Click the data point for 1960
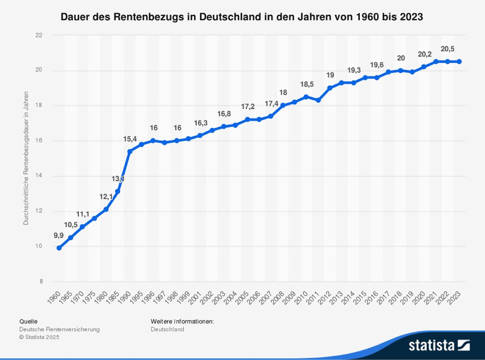[x=59, y=248]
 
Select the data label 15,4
[x=130, y=139]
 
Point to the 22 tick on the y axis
[x=39, y=35]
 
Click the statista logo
[x=439, y=345]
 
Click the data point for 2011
[x=318, y=100]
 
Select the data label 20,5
[x=447, y=49]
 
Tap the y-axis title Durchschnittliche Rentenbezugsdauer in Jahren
[x=26, y=158]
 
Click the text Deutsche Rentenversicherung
[x=59, y=329]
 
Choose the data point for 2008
[x=283, y=105]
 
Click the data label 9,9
[x=58, y=235]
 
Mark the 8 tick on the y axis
[x=41, y=282]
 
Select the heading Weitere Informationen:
[x=182, y=321]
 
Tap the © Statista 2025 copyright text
[x=39, y=337]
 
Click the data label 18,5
[x=307, y=84]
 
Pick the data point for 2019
[x=412, y=72]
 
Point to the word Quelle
[x=28, y=321]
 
